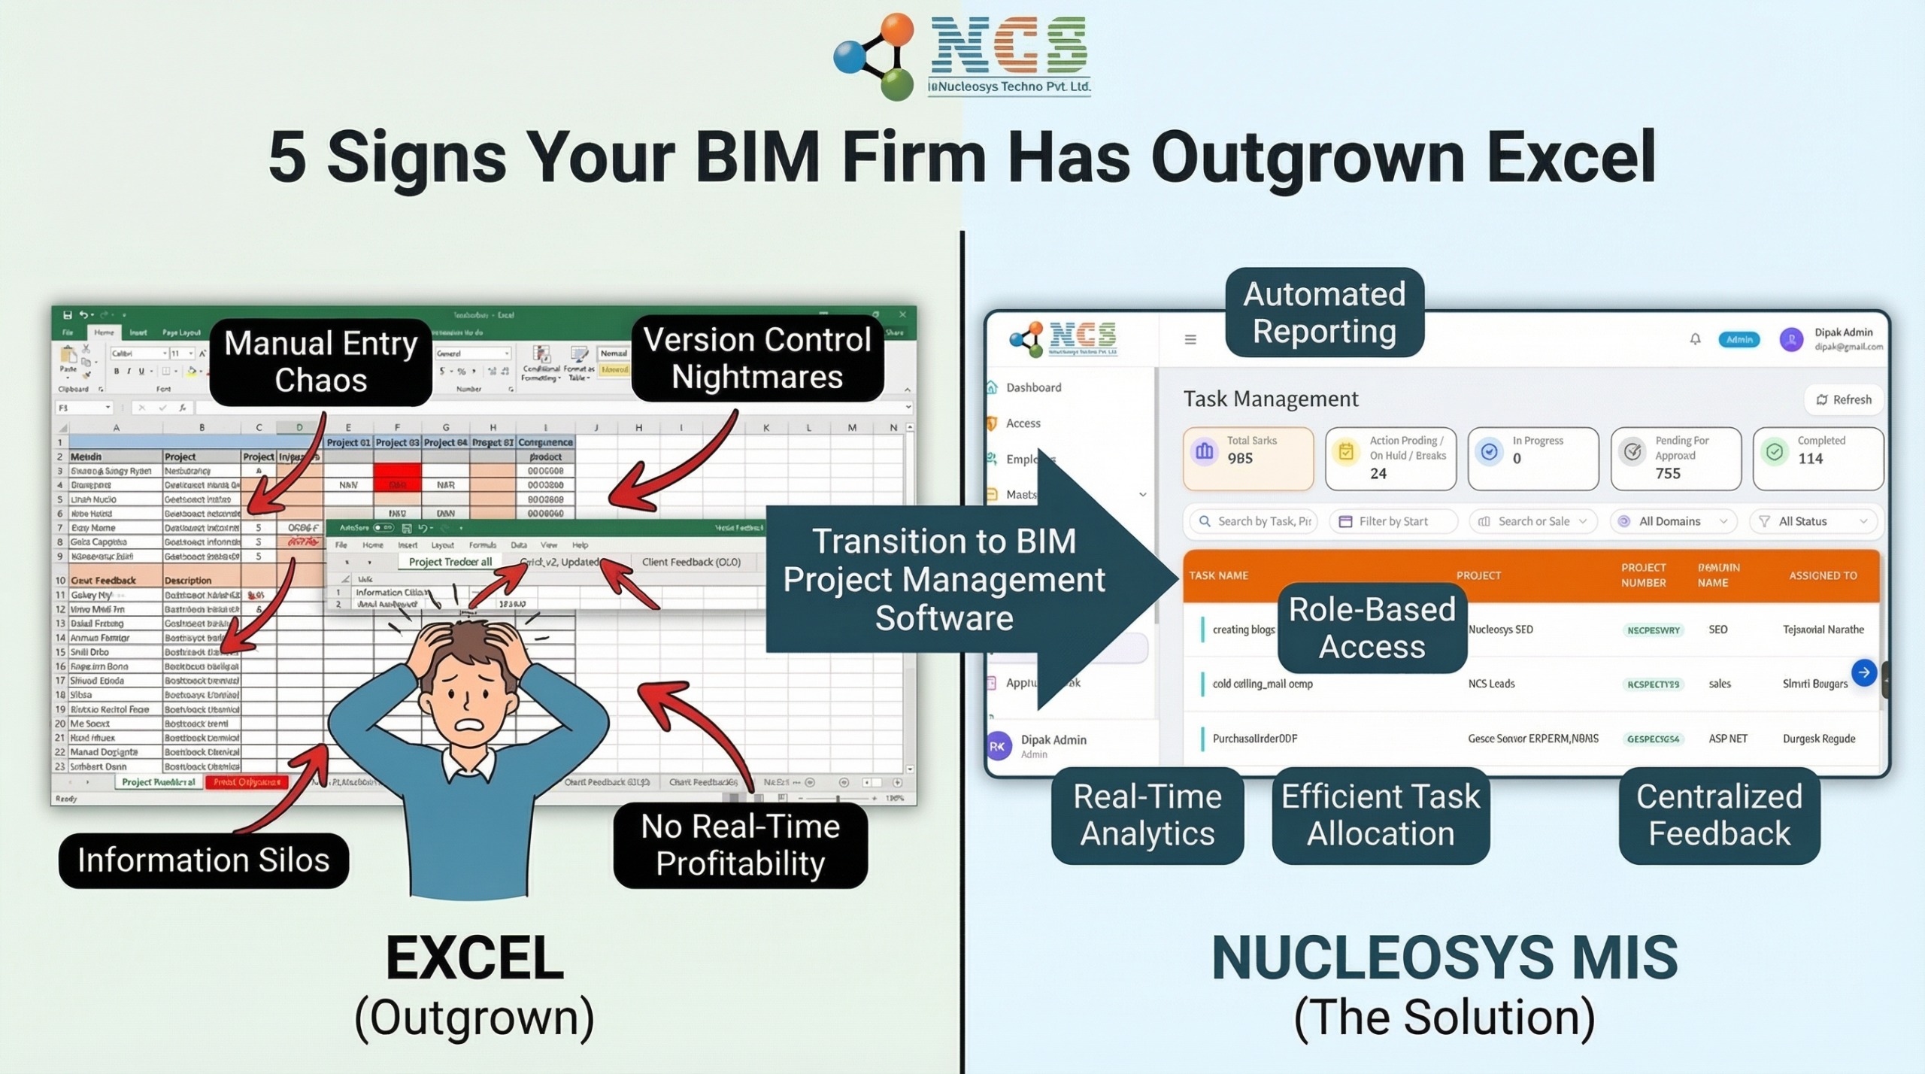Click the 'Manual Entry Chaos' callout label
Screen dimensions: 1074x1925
[320, 362]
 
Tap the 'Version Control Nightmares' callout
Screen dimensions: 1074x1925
[756, 358]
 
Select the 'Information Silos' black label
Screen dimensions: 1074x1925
[203, 860]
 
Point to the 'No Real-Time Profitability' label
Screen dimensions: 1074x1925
[740, 845]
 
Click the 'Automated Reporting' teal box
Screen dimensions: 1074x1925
[1324, 312]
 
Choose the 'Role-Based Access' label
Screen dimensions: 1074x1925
[1372, 627]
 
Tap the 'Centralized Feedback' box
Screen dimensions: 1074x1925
[1719, 815]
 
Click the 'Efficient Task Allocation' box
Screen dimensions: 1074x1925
[1380, 815]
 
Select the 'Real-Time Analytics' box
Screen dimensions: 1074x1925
[1147, 815]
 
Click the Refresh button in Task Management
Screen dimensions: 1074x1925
[1844, 399]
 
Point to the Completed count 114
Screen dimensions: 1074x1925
[1810, 459]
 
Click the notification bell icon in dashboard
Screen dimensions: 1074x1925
[1695, 339]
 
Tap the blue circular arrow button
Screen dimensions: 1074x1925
[1863, 672]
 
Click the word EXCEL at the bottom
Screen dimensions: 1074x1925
[474, 957]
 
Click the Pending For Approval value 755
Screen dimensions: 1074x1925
[1667, 474]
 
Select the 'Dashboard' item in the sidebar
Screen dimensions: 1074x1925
[1033, 387]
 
